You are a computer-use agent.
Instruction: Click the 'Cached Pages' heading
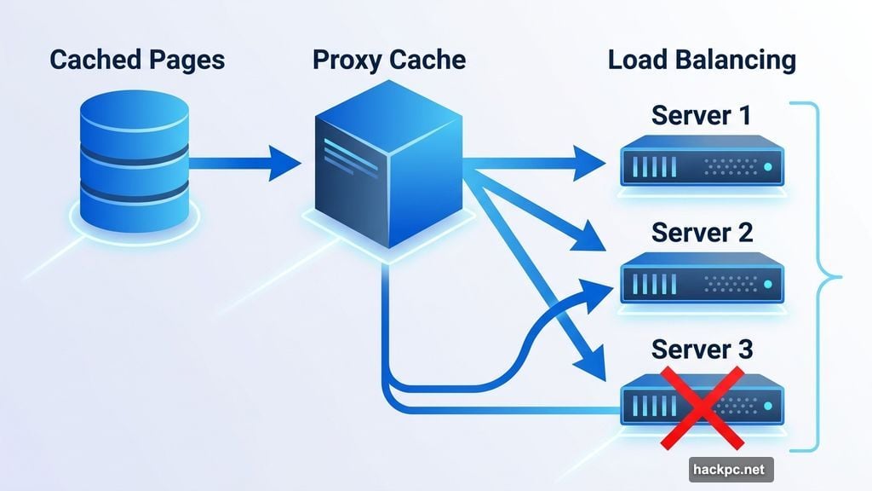point(137,60)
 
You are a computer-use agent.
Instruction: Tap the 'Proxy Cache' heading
point(389,60)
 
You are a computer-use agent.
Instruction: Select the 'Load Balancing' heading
point(702,60)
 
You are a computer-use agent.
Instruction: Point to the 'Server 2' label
point(702,232)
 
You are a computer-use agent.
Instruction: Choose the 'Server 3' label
point(702,349)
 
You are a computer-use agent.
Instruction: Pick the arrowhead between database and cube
point(283,161)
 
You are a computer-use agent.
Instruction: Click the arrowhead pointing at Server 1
point(593,162)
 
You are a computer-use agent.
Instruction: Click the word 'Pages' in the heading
point(186,60)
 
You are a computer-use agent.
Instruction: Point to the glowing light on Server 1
point(767,166)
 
